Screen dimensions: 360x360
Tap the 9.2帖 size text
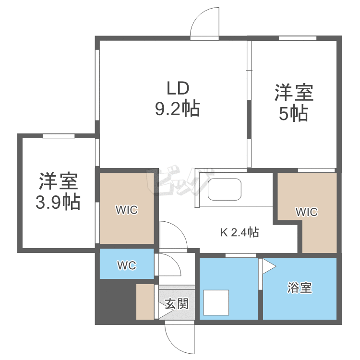click(177, 110)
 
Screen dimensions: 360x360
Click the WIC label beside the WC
click(127, 210)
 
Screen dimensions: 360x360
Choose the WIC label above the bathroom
click(307, 212)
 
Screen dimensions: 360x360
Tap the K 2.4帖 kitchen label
click(240, 233)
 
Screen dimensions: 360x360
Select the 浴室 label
click(300, 288)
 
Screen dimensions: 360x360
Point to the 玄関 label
click(177, 304)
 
